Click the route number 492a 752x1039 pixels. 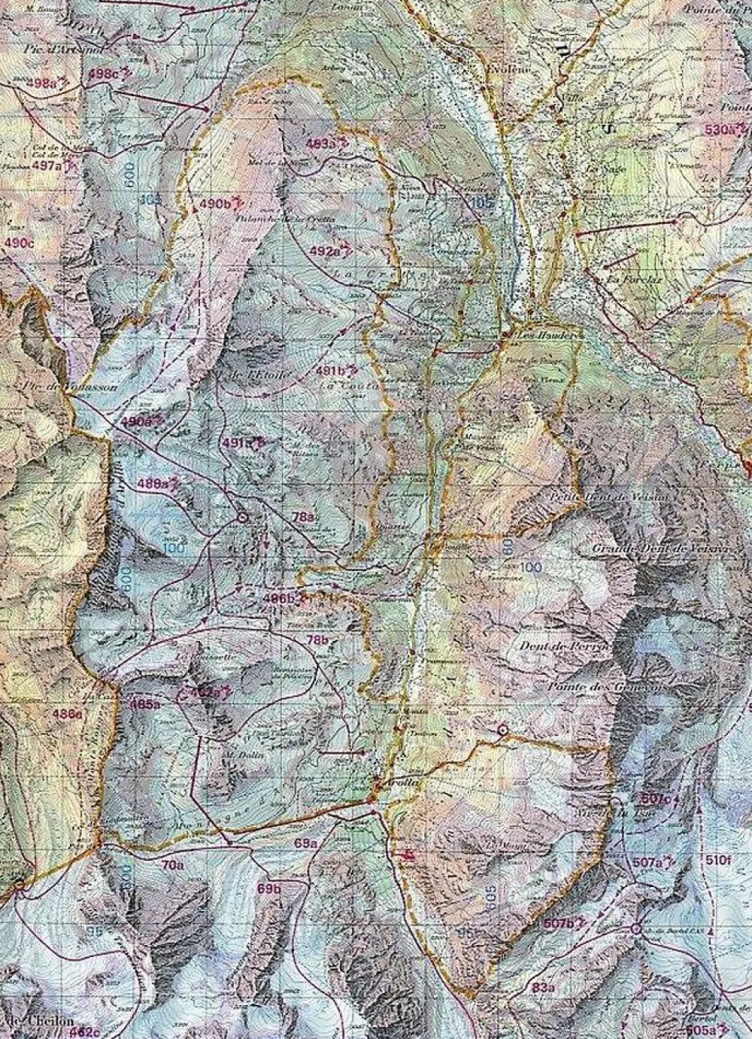(325, 251)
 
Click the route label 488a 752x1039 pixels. (153, 484)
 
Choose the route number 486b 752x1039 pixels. (278, 599)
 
